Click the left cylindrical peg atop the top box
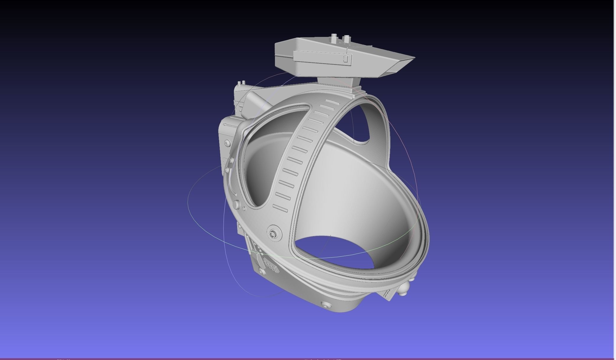click(334, 38)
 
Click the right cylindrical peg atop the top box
click(346, 39)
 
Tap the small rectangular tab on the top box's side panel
click(346, 58)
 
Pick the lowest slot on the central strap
click(280, 208)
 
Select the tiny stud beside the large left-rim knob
click(244, 209)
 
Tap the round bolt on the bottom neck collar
click(326, 305)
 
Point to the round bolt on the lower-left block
click(261, 270)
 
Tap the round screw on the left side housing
click(227, 143)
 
